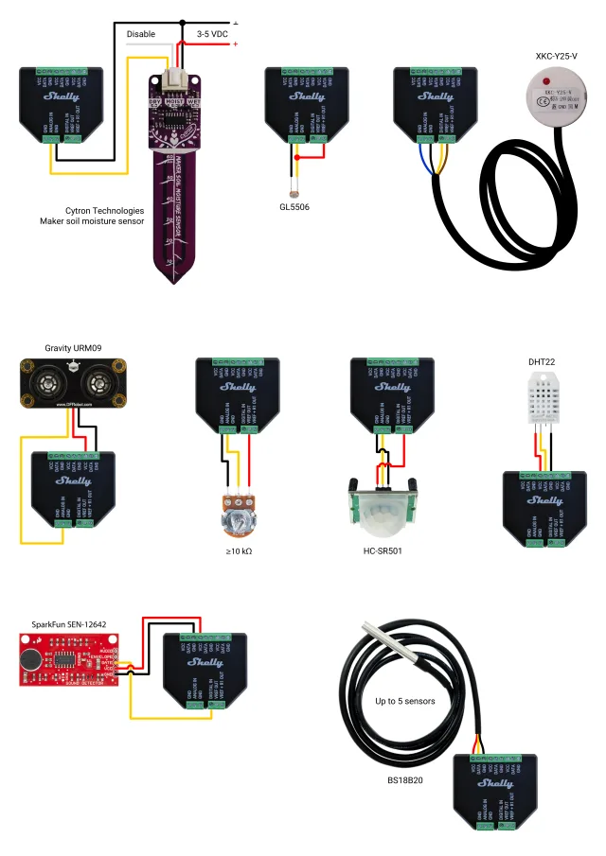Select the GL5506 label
click(294, 206)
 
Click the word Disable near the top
click(141, 34)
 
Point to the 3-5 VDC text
click(212, 34)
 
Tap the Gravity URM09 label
click(73, 347)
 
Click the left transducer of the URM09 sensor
click(47, 383)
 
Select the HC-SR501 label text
click(383, 550)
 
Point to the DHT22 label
click(543, 361)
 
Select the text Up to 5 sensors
click(405, 702)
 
